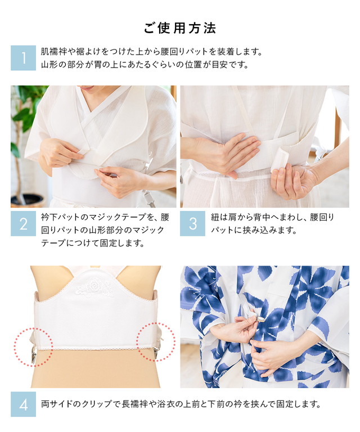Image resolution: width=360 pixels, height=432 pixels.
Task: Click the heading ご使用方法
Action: [x=180, y=28]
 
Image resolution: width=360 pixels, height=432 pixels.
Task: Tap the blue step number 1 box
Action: [x=24, y=58]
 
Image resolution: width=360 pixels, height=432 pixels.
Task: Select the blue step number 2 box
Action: [x=24, y=223]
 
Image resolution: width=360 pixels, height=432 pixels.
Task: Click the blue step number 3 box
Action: [x=192, y=223]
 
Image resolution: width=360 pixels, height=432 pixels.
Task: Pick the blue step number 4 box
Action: [x=24, y=404]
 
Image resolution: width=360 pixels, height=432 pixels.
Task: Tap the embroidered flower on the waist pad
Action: [x=94, y=286]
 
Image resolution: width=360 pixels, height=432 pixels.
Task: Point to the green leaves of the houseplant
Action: [x=26, y=110]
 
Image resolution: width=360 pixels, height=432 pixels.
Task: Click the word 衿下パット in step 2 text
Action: [x=61, y=217]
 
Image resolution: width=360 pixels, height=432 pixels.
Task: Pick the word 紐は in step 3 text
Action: [x=222, y=217]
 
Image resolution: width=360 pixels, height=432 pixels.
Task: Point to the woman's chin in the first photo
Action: [x=90, y=90]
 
